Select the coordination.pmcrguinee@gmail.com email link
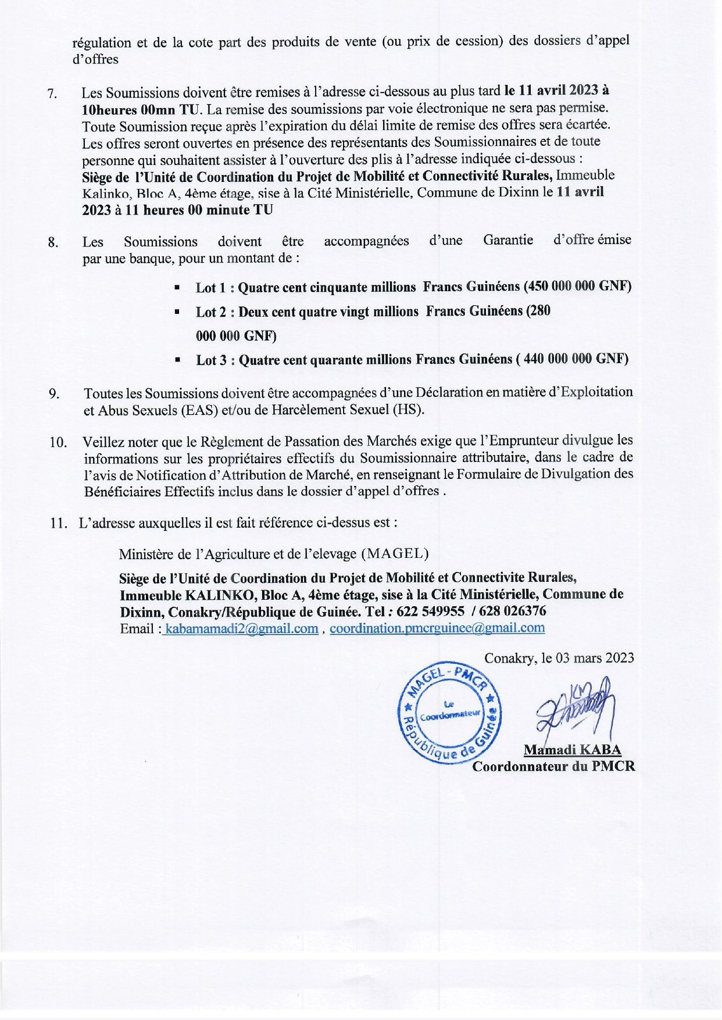[x=437, y=628]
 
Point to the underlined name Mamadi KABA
[x=573, y=750]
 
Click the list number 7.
[x=52, y=94]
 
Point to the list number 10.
[x=58, y=442]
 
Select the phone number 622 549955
[x=430, y=611]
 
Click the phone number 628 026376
[x=513, y=611]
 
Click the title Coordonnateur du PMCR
[x=553, y=766]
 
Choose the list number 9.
[x=53, y=394]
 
